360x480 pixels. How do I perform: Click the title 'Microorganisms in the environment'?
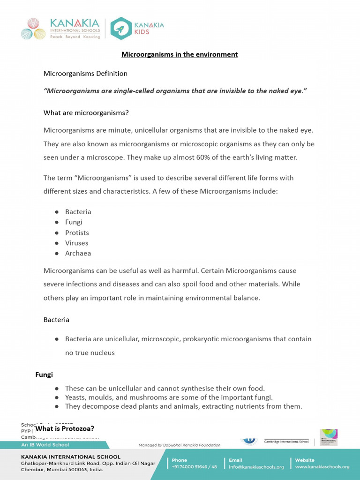tap(180, 54)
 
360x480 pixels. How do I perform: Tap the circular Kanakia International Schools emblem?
tap(33, 29)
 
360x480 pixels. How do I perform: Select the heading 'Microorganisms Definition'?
tap(85, 74)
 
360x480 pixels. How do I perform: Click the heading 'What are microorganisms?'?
tap(86, 113)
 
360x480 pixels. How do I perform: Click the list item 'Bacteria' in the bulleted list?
tap(78, 212)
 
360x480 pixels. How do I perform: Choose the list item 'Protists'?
tap(77, 232)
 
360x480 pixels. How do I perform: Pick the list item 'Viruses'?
tap(76, 243)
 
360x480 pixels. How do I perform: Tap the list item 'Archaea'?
tap(78, 253)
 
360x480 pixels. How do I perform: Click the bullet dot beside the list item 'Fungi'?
tap(56, 222)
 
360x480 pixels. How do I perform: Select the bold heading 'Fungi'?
tap(44, 375)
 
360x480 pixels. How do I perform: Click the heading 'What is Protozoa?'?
tap(65, 428)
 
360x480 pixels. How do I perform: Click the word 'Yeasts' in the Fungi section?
tap(76, 397)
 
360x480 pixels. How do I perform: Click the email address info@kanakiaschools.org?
tap(256, 467)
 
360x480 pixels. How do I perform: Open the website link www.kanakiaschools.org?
tap(322, 467)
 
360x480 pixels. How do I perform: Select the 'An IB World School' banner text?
tap(45, 444)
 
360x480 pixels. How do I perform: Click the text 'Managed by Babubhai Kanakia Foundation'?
tap(179, 445)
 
